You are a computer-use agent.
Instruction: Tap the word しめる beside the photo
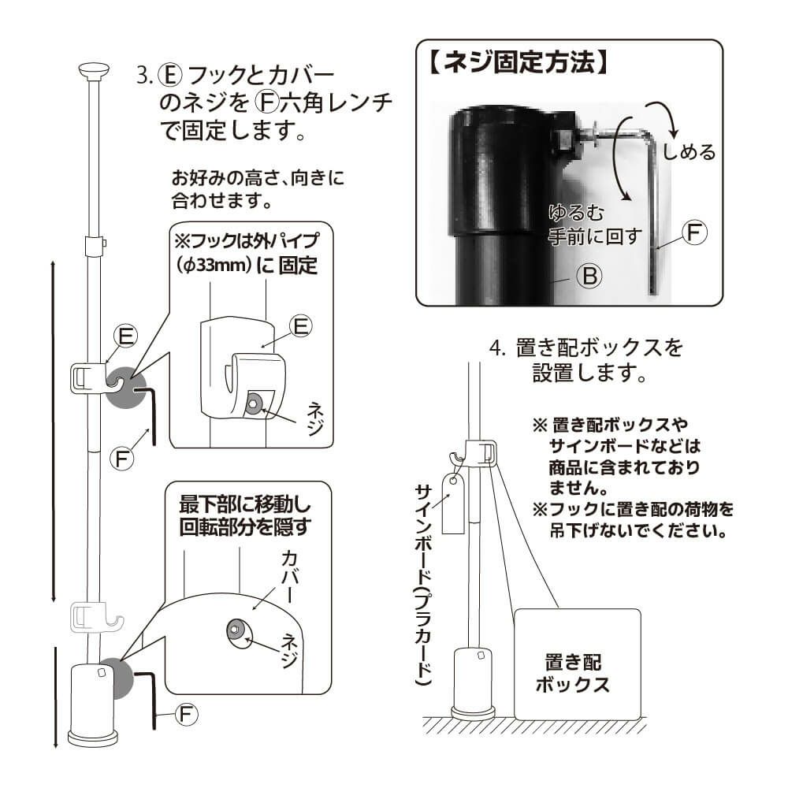(x=688, y=151)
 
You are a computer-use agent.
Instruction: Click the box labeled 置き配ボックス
(x=577, y=663)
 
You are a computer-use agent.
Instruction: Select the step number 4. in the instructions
(x=496, y=347)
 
